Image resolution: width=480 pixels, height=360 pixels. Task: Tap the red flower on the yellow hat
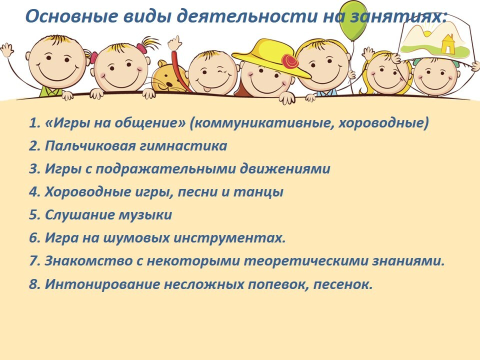(289, 61)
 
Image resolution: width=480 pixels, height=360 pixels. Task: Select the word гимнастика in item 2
(183, 146)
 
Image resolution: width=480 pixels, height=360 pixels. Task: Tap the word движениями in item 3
(285, 168)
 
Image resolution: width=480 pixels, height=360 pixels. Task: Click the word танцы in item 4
(258, 192)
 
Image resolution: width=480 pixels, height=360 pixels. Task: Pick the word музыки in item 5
(145, 215)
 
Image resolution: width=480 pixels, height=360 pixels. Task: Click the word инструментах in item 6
(229, 238)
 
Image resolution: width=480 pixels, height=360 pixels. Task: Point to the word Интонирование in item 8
(102, 284)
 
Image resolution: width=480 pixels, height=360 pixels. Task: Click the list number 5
(33, 215)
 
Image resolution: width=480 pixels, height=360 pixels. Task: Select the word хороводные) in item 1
(383, 123)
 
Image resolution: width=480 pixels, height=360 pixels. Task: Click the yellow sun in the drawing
(426, 31)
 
